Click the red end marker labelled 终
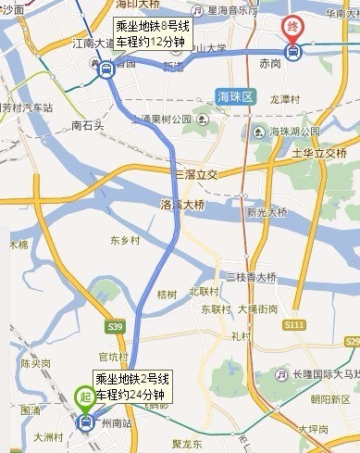[293, 26]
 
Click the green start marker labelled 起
[85, 396]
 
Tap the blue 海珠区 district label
[233, 96]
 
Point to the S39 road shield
[115, 327]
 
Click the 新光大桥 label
[267, 213]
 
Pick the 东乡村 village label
[125, 239]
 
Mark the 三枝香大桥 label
[251, 277]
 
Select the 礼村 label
[242, 335]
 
